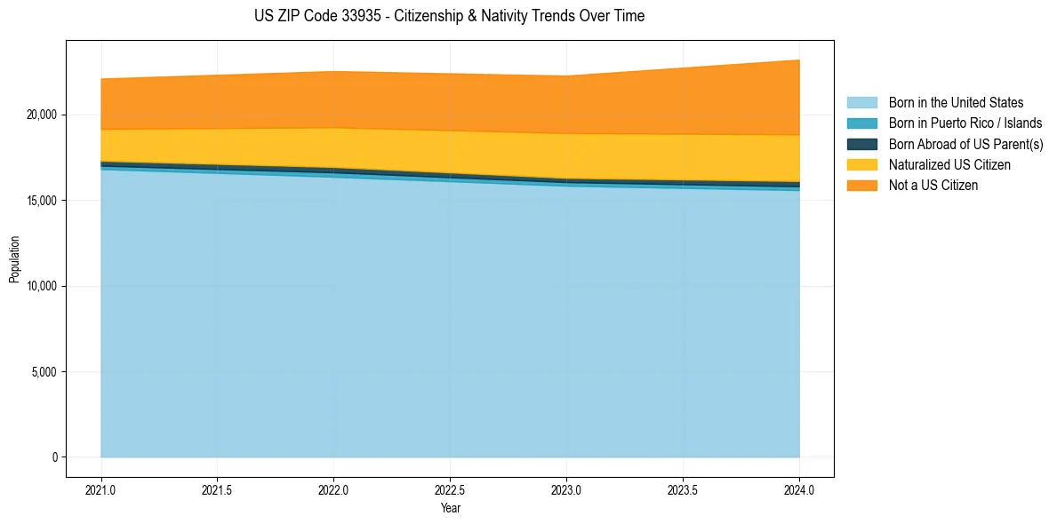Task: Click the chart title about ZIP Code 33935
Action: (x=449, y=16)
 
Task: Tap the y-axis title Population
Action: (x=14, y=258)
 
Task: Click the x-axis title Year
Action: (x=450, y=508)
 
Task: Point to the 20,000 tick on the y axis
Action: (x=40, y=115)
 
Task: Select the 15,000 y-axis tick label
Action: (x=40, y=201)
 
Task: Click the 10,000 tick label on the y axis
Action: (x=40, y=286)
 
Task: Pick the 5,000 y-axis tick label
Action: (x=43, y=371)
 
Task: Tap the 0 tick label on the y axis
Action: (x=53, y=457)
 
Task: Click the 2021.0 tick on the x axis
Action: (x=100, y=489)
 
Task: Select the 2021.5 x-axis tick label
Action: (x=217, y=489)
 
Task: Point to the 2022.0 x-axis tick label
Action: (x=333, y=489)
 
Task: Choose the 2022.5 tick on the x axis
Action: (x=450, y=489)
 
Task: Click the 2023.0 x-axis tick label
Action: (x=566, y=489)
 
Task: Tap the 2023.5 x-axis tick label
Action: (x=683, y=489)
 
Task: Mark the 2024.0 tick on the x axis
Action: (x=799, y=489)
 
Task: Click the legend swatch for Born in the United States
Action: (x=861, y=103)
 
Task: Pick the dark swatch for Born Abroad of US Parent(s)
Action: (x=861, y=144)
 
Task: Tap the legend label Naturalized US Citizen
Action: (x=949, y=164)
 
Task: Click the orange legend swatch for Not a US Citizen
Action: (x=861, y=185)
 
